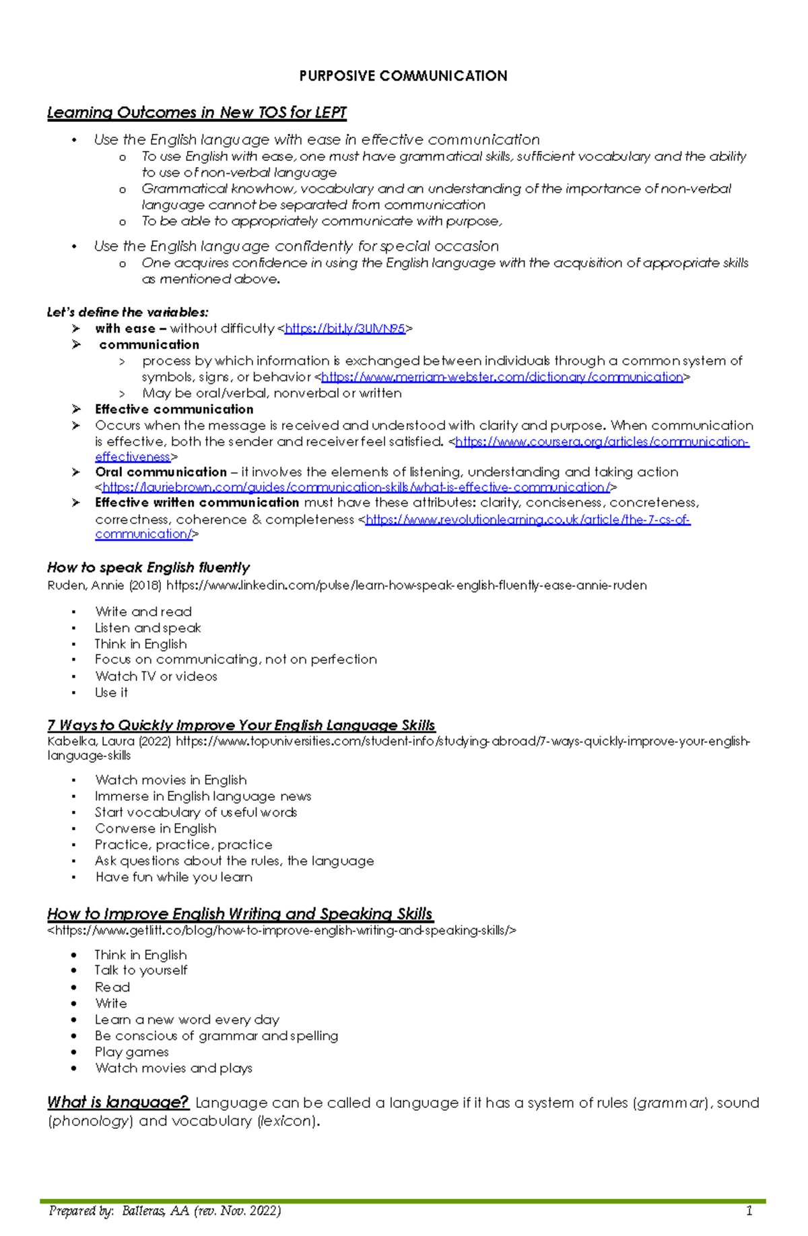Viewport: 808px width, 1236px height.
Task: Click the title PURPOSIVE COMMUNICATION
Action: pyautogui.click(x=403, y=76)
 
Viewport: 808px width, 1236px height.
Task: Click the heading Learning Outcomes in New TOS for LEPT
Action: pyautogui.click(x=197, y=112)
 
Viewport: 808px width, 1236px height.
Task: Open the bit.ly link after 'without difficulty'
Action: pyautogui.click(x=345, y=329)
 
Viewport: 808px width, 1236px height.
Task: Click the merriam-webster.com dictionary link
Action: pyautogui.click(x=502, y=377)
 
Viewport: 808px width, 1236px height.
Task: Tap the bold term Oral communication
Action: pyautogui.click(x=161, y=472)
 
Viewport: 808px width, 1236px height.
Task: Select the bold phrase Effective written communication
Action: pyautogui.click(x=197, y=502)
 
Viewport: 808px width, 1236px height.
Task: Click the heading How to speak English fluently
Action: pyautogui.click(x=148, y=568)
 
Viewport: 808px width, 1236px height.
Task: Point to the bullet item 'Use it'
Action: pyautogui.click(x=111, y=692)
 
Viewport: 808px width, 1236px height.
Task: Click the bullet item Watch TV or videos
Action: pyautogui.click(x=156, y=676)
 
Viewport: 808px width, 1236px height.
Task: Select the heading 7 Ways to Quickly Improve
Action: pyautogui.click(x=241, y=725)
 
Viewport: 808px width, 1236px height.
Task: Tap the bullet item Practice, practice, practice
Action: pyautogui.click(x=183, y=845)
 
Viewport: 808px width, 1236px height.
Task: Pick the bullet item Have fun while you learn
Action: pyautogui.click(x=174, y=877)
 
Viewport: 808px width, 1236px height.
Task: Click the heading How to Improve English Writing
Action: pyautogui.click(x=240, y=914)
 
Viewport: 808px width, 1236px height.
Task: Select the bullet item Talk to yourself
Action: pyautogui.click(x=141, y=971)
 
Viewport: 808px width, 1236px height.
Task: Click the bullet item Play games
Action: pyautogui.click(x=131, y=1052)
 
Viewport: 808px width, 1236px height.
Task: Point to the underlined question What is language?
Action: pyautogui.click(x=118, y=1103)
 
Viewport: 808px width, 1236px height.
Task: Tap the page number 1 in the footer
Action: pyautogui.click(x=749, y=1211)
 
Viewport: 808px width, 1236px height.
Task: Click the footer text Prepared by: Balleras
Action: pyautogui.click(x=165, y=1211)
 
